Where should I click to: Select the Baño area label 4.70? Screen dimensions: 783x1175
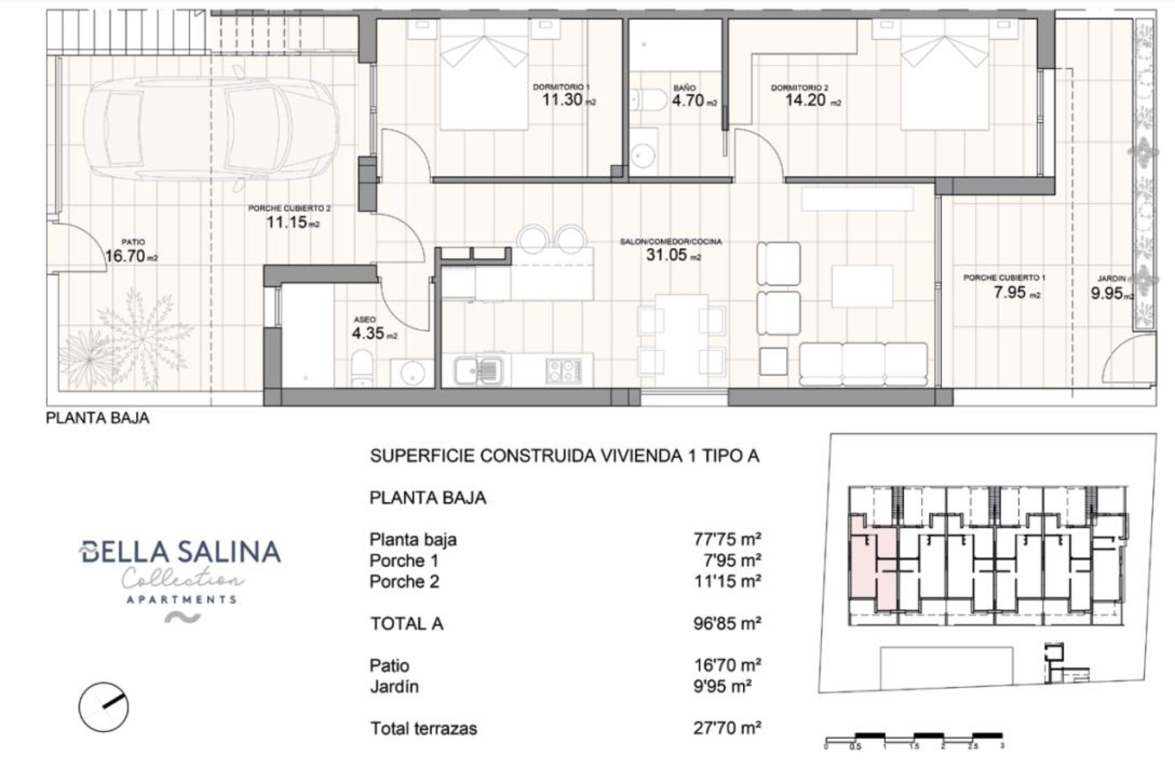688,100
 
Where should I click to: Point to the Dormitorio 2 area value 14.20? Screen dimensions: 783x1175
806,100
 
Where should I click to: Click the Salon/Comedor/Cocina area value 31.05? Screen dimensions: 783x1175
667,255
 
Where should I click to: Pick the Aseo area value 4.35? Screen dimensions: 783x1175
368,333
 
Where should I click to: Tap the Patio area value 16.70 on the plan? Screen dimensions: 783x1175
125,256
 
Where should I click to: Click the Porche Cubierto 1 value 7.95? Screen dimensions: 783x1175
1010,292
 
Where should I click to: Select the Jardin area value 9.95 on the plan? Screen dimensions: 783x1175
1107,294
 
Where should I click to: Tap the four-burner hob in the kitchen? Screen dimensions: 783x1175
563,369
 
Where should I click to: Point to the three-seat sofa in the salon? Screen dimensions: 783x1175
863,363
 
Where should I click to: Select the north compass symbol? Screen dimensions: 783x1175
103,707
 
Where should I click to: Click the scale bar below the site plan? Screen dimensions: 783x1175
914,738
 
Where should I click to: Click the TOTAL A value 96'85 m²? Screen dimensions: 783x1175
727,624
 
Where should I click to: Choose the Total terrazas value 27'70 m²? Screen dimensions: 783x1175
727,729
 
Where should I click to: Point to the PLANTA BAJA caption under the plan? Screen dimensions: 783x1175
98,418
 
